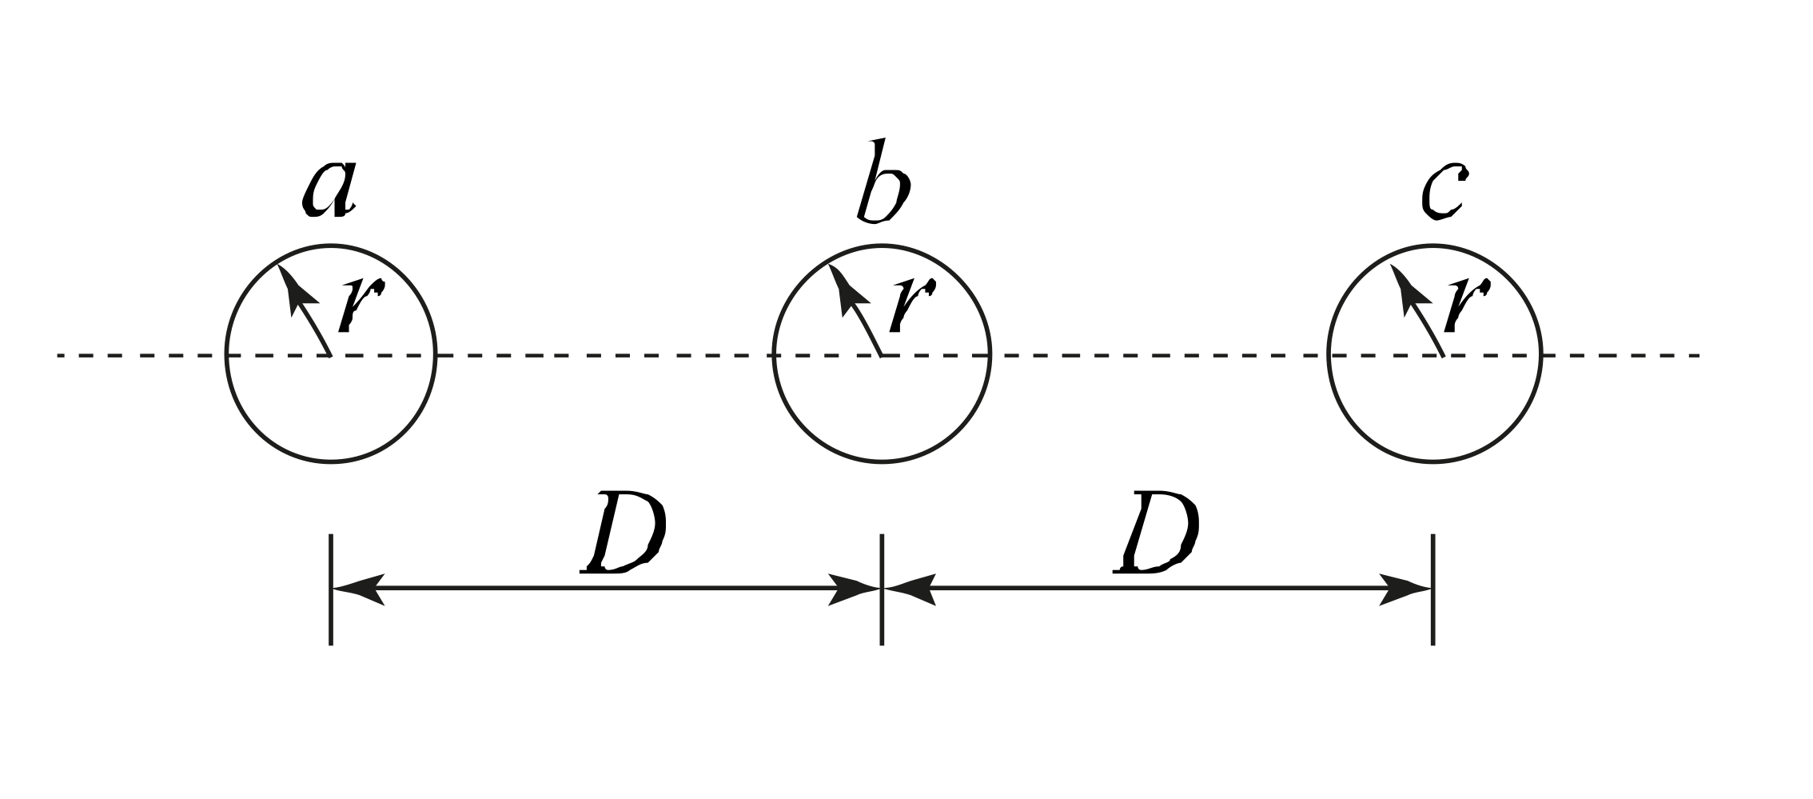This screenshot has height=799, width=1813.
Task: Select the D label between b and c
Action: pyautogui.click(x=1156, y=533)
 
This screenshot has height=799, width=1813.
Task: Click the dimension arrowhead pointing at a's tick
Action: pyautogui.click(x=356, y=589)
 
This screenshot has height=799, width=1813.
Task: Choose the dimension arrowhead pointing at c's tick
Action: pyautogui.click(x=1407, y=589)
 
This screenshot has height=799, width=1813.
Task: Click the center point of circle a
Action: pyautogui.click(x=331, y=354)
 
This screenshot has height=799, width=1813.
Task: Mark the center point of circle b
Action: pyautogui.click(x=882, y=354)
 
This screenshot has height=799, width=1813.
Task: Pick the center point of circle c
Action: pyautogui.click(x=1442, y=354)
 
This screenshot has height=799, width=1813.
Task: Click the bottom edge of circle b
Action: pyautogui.click(x=882, y=461)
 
